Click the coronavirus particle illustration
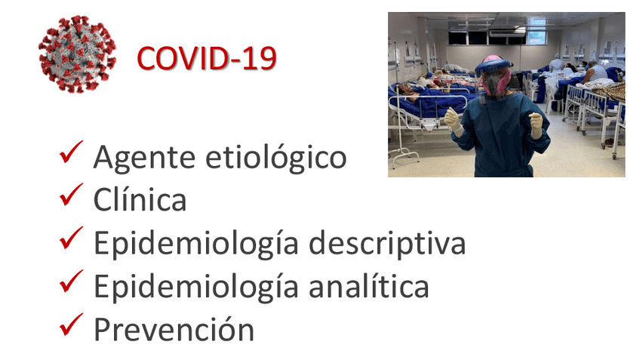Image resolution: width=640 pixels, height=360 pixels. tap(77, 54)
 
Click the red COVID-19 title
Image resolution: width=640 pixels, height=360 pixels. tap(206, 58)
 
